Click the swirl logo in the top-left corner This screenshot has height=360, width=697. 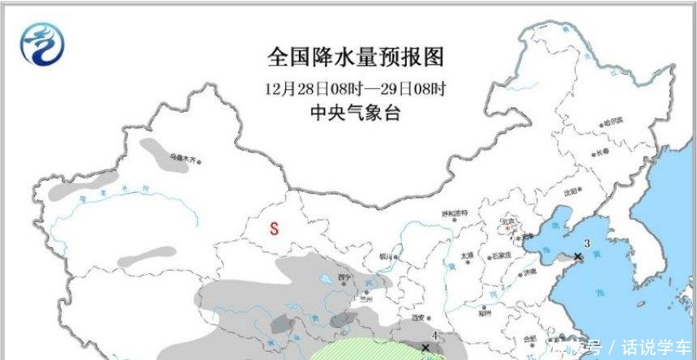40,43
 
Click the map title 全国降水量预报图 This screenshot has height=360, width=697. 357,58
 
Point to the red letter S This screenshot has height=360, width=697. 274,229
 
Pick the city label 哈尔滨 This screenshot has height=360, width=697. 612,120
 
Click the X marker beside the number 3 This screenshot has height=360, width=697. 578,257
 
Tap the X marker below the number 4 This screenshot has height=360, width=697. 425,348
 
